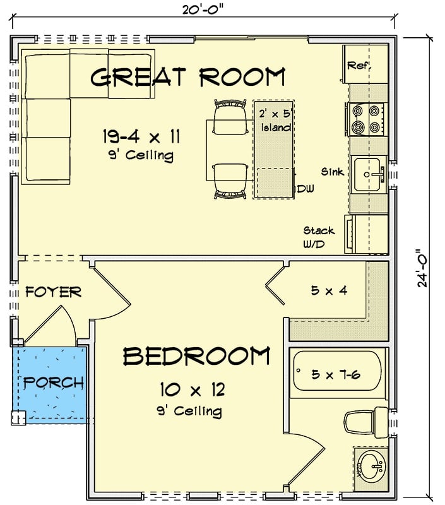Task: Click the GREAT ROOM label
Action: coord(187,77)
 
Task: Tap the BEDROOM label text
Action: coord(196,357)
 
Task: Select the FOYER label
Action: coord(54,292)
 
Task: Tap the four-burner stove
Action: coord(367,119)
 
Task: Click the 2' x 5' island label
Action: coord(275,121)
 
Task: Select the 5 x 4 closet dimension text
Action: coord(328,291)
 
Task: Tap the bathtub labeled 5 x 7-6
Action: coord(336,375)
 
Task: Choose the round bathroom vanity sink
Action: coord(371,468)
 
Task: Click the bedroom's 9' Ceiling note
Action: coord(189,412)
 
